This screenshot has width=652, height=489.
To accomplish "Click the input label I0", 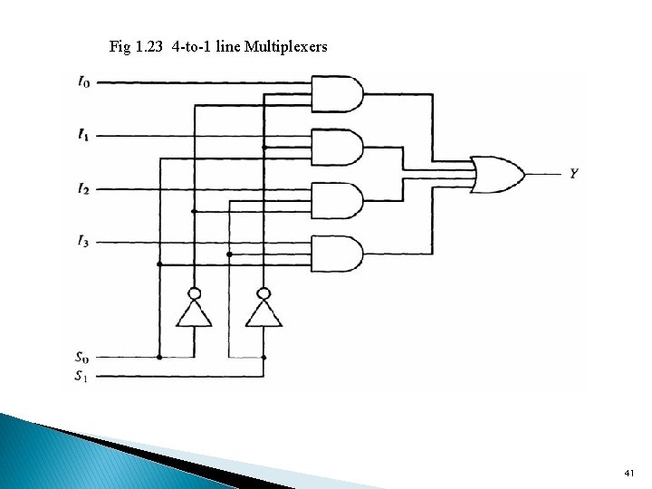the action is tap(83, 82).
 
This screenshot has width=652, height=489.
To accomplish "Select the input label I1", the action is tap(83, 136).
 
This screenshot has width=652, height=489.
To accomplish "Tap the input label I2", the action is tap(83, 189).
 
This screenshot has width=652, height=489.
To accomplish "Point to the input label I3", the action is tap(83, 242).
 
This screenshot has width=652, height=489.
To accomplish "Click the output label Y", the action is tap(574, 172).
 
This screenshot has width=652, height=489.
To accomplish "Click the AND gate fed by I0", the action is tap(336, 92).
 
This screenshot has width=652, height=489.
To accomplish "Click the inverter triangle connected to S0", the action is tap(193, 313).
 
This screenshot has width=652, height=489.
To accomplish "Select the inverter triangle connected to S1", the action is tap(264, 313).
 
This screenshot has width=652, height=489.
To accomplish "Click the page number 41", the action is tap(630, 474).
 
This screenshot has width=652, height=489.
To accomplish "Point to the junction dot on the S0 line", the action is tap(159, 358).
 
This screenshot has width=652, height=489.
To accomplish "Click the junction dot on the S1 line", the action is tap(264, 358).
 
